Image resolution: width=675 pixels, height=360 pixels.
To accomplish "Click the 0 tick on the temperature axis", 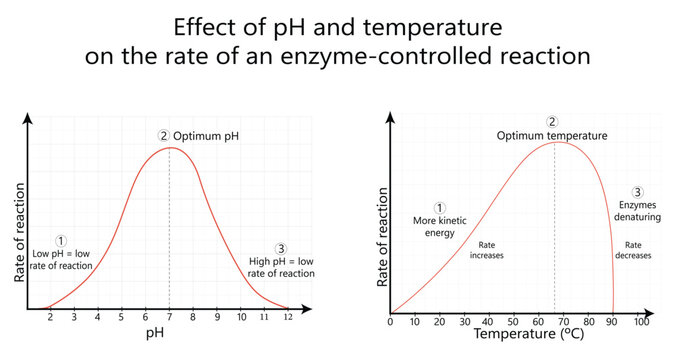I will click(x=390, y=322).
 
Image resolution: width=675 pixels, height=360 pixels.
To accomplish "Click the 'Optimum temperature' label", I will click(x=553, y=134).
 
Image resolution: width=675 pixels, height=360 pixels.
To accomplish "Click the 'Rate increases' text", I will click(x=487, y=249).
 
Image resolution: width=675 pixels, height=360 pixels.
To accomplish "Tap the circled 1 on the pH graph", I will click(x=61, y=241).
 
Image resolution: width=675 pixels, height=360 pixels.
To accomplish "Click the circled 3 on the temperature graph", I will click(x=638, y=192).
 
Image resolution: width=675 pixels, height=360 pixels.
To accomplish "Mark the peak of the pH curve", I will click(x=170, y=148).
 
